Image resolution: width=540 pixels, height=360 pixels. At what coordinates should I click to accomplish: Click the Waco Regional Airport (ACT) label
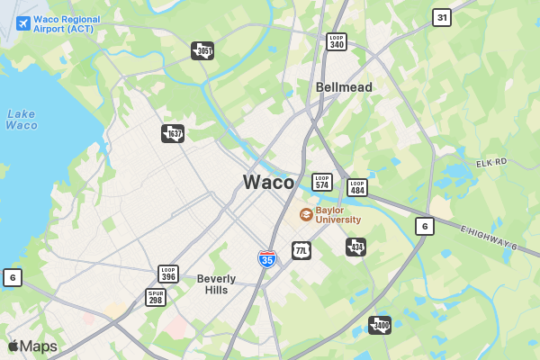67,23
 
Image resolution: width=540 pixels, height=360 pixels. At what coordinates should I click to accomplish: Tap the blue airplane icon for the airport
22,22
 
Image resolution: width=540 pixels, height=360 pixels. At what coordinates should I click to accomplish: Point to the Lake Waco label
22,119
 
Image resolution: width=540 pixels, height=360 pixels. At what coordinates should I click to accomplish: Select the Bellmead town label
344,87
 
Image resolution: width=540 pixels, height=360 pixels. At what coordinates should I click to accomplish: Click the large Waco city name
268,182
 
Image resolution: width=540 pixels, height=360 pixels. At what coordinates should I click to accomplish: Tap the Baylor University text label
338,214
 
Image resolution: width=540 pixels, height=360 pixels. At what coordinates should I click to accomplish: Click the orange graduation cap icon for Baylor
306,214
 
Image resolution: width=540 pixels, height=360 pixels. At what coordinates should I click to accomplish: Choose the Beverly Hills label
216,284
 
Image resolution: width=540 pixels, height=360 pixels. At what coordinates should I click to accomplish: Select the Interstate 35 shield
267,259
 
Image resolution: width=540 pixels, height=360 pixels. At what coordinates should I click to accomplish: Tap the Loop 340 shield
337,41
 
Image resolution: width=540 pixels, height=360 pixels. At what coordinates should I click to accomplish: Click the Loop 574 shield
322,182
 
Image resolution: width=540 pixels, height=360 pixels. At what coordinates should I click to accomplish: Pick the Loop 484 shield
357,187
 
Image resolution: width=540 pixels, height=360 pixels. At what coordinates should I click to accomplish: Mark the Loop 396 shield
168,274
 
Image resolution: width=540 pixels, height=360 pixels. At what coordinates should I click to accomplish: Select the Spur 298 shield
156,297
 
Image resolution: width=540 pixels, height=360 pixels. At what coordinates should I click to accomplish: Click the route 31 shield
441,17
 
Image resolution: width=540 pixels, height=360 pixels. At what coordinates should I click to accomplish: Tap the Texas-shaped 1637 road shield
173,134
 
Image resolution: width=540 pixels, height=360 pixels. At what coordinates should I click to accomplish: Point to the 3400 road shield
380,325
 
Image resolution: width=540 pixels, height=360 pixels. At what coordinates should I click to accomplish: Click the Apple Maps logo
32,346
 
